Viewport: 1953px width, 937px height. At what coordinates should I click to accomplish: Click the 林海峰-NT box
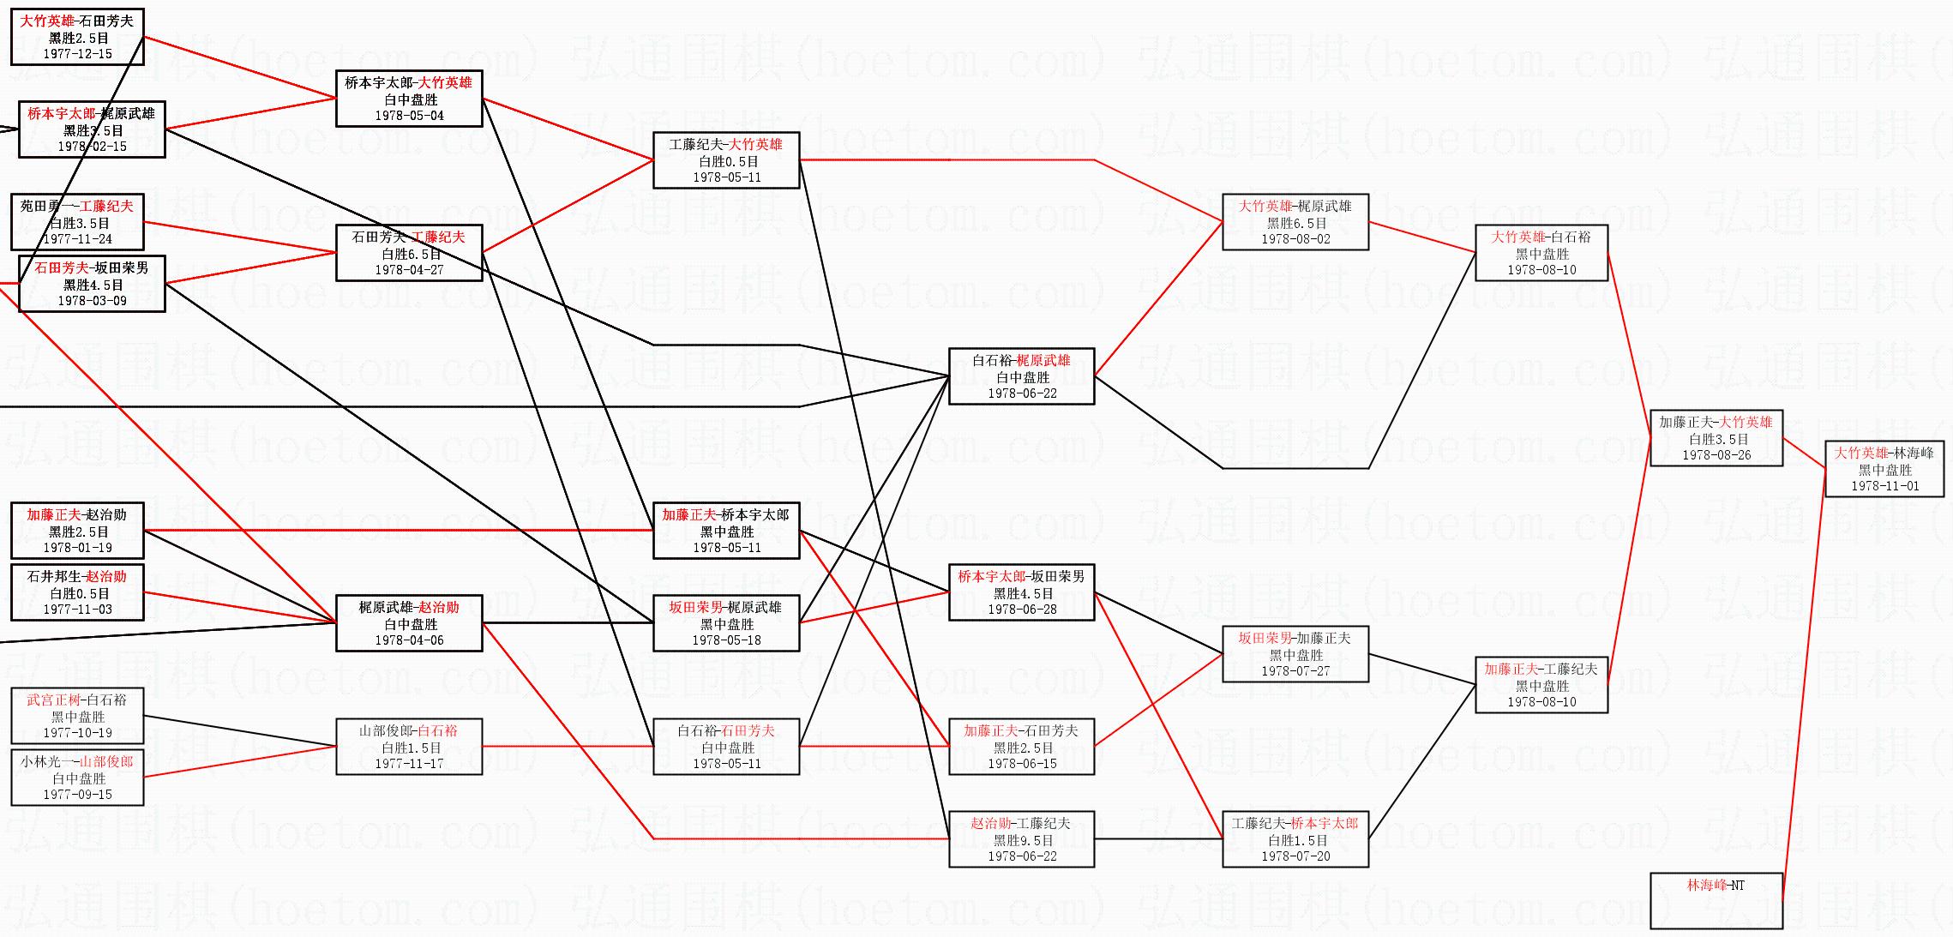coord(1716,900)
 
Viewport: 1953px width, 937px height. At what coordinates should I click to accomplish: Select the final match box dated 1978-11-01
coord(1884,469)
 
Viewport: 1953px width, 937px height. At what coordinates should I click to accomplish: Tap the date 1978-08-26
coord(1716,455)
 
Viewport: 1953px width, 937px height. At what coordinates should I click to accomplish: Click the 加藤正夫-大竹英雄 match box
coord(1716,438)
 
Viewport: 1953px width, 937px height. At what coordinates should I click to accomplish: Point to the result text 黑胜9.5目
coord(1022,840)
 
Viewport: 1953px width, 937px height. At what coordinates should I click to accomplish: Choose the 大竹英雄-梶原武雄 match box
coord(1295,222)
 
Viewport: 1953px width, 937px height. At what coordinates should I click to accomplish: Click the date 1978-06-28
coord(1022,610)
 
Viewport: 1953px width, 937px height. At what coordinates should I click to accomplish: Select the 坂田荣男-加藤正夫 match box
coord(1295,654)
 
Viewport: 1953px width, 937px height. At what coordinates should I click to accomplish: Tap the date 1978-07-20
coord(1295,856)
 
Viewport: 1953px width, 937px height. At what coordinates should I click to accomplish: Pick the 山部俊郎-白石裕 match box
coord(409,747)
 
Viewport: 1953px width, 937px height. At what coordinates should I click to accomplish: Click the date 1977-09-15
coord(77,795)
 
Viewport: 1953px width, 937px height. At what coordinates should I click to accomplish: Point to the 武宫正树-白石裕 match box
coord(77,716)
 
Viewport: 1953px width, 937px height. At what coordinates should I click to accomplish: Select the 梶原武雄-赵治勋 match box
coord(409,623)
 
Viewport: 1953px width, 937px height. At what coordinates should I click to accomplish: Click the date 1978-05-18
coord(726,640)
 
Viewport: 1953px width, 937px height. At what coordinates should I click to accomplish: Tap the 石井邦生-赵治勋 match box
coord(77,592)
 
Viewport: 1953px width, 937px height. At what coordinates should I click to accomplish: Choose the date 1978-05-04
coord(409,116)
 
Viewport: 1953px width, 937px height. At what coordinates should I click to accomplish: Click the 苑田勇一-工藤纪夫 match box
coord(77,222)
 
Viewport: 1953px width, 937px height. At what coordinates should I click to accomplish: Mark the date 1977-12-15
coord(77,54)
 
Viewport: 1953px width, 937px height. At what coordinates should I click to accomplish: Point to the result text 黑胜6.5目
coord(1295,223)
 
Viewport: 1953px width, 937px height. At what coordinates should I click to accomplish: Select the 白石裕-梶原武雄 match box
coord(1021,376)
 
